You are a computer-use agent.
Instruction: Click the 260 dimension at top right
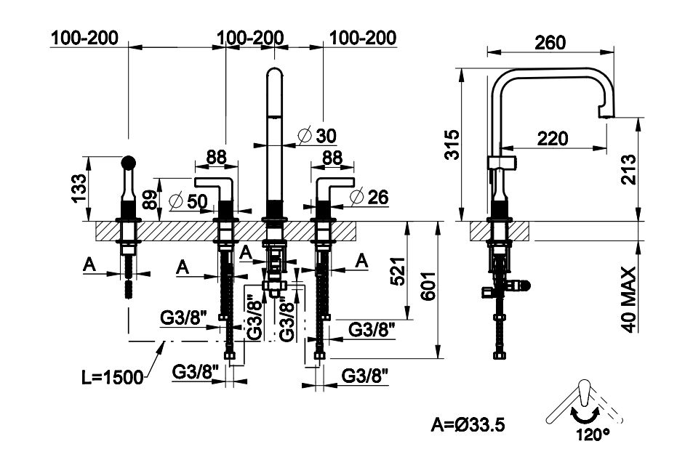pyautogui.click(x=550, y=43)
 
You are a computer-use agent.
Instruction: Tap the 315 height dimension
pyautogui.click(x=452, y=145)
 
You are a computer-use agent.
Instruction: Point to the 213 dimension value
pyautogui.click(x=630, y=169)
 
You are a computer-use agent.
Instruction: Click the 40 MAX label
pyautogui.click(x=630, y=299)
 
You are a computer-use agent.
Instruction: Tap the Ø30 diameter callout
pyautogui.click(x=318, y=135)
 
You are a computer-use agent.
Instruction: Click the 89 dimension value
pyautogui.click(x=149, y=200)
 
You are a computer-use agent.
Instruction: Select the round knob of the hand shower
pyautogui.click(x=128, y=162)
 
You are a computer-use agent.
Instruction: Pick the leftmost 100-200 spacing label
pyautogui.click(x=84, y=38)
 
